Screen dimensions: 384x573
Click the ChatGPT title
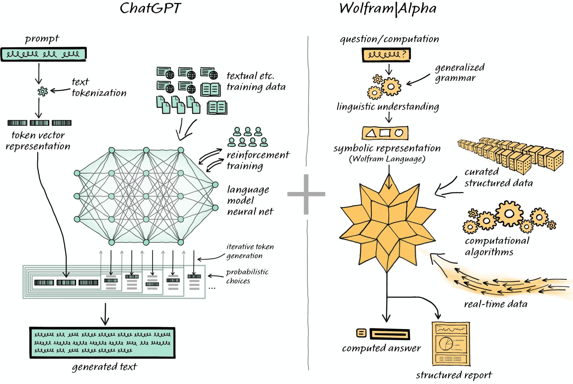(150, 8)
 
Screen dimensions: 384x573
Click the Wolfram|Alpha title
(388, 8)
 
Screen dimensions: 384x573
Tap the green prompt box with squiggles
(44, 54)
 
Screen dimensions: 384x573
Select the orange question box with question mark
(386, 55)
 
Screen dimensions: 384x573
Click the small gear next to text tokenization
(43, 91)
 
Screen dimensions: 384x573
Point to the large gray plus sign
(306, 194)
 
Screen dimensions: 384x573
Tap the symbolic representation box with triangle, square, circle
(385, 133)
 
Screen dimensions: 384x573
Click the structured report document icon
(451, 344)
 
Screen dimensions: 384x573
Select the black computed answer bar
(390, 334)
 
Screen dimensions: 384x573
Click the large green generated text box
(102, 343)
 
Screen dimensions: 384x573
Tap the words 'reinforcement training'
(257, 160)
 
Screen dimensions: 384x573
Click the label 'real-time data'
(495, 304)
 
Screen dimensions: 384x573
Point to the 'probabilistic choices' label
(247, 276)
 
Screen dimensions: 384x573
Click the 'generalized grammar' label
(459, 72)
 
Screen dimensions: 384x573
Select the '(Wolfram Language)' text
(387, 159)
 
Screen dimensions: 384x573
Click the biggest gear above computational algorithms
(509, 214)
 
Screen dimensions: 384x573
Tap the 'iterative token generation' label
(250, 251)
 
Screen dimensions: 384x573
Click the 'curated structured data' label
(498, 177)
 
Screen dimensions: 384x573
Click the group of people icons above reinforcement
(248, 137)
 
